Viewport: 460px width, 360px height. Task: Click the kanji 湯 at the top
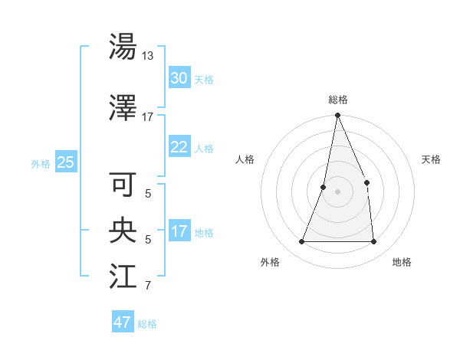pyautogui.click(x=123, y=47)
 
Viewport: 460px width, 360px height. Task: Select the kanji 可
pyautogui.click(x=123, y=185)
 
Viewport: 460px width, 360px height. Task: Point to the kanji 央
pyautogui.click(x=123, y=231)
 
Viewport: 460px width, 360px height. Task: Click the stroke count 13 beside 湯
pyautogui.click(x=148, y=56)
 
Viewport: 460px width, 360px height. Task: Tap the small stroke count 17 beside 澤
pyautogui.click(x=148, y=117)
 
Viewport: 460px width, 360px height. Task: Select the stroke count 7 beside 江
pyautogui.click(x=148, y=286)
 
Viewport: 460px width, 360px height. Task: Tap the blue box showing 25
pyautogui.click(x=66, y=162)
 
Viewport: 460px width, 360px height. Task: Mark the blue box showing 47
pyautogui.click(x=123, y=322)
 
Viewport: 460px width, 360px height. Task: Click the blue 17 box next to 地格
pyautogui.click(x=179, y=231)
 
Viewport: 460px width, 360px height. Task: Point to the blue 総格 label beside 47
pyautogui.click(x=147, y=324)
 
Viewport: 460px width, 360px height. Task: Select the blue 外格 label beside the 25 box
pyautogui.click(x=41, y=163)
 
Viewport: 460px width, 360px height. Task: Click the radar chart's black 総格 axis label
pyautogui.click(x=337, y=100)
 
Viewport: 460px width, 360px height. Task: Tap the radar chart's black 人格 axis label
pyautogui.click(x=245, y=159)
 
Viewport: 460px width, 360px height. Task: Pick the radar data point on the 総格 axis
pyautogui.click(x=337, y=116)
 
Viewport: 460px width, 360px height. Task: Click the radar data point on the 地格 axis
pyautogui.click(x=374, y=242)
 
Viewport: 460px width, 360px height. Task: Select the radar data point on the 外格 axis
pyautogui.click(x=301, y=242)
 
